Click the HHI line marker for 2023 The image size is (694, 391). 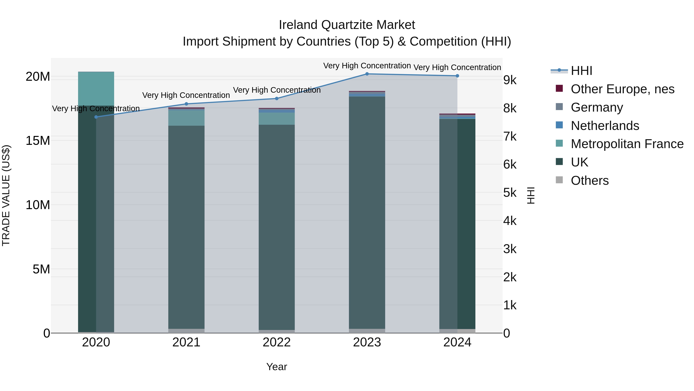point(367,74)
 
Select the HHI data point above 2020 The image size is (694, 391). point(96,117)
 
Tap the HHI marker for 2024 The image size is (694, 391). point(457,76)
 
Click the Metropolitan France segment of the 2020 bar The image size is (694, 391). point(96,88)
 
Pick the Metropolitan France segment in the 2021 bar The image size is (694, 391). point(186,118)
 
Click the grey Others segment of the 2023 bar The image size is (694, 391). point(367,331)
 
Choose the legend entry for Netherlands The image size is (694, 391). point(605,126)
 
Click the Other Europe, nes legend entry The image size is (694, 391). point(622,89)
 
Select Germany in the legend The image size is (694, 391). point(597,107)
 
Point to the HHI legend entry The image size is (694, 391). point(581,71)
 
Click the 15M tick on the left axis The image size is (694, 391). point(38,141)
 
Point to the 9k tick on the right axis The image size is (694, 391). point(510,80)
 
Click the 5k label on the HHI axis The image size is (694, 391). point(510,193)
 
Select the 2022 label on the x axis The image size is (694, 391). point(277,342)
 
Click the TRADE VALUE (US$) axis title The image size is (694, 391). point(6,195)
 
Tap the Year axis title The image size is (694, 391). point(277,367)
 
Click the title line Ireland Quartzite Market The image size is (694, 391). point(347,25)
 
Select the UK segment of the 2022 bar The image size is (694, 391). point(277,227)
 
